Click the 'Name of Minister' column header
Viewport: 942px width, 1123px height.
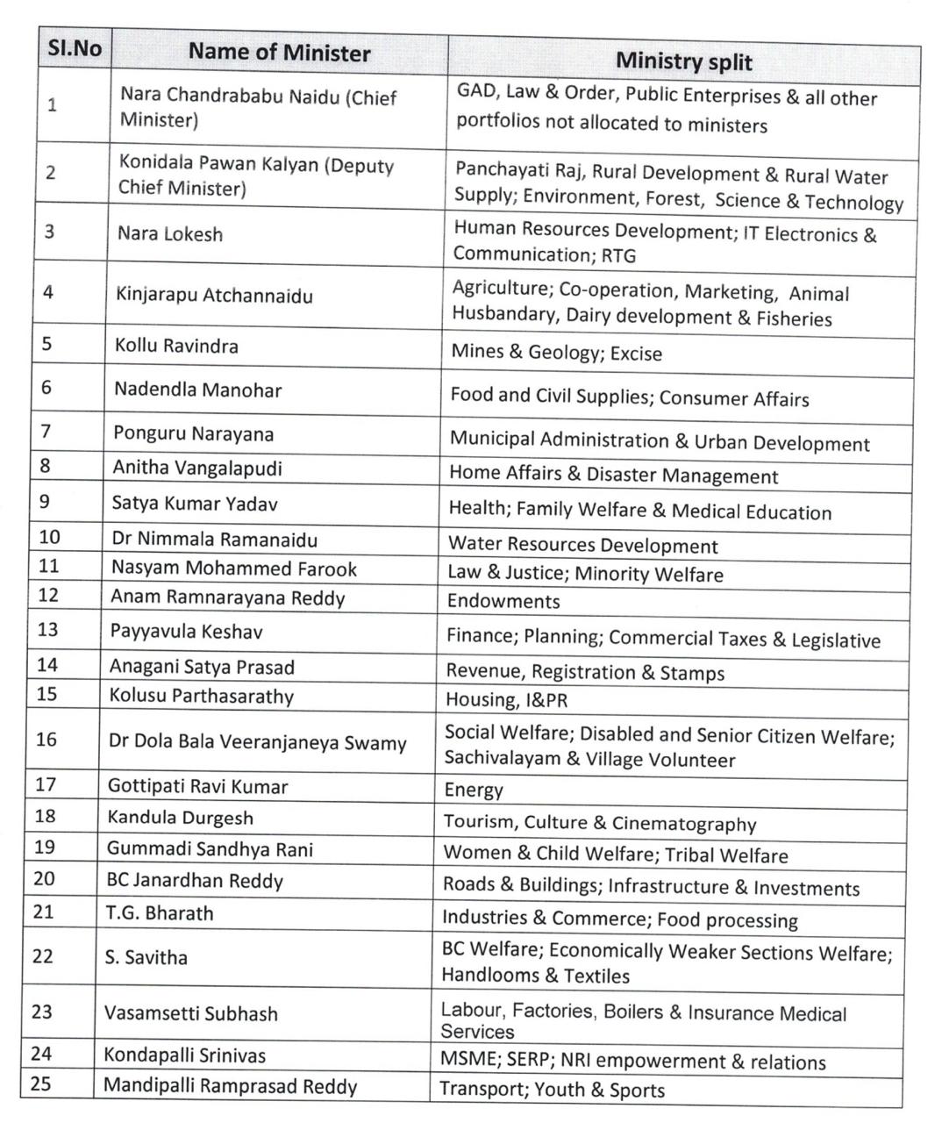click(x=279, y=53)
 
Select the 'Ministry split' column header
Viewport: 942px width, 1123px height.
click(x=683, y=61)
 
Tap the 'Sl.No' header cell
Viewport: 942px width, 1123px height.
click(x=74, y=47)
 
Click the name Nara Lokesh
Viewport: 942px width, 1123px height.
click(x=170, y=234)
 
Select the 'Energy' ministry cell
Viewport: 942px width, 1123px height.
click(x=474, y=790)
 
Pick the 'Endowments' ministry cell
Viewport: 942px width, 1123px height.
click(x=503, y=602)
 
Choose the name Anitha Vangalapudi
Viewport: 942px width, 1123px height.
click(x=197, y=468)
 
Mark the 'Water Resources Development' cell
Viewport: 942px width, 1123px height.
click(x=583, y=545)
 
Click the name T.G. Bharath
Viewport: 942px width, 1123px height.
click(x=160, y=913)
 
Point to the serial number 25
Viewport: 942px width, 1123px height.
click(x=40, y=1084)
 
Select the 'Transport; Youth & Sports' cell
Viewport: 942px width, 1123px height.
click(x=552, y=1091)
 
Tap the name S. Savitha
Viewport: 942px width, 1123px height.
click(x=146, y=957)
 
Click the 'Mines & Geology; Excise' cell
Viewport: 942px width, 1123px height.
click(x=556, y=353)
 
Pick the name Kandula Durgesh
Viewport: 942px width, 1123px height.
click(x=180, y=818)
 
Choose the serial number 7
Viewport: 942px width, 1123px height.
click(x=46, y=432)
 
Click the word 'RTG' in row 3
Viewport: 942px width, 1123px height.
click(x=618, y=256)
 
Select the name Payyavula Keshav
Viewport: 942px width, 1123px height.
click(x=186, y=632)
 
